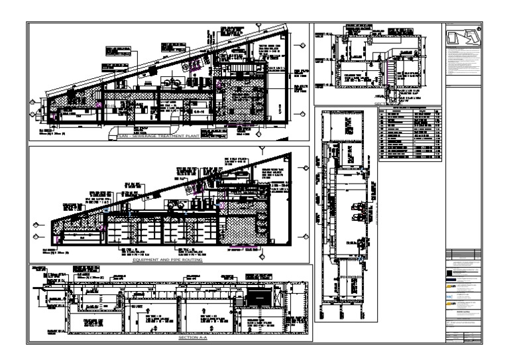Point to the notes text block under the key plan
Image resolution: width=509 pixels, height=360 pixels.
462,66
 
